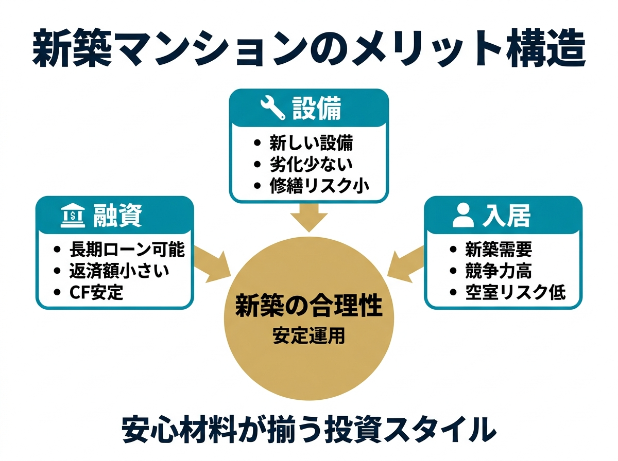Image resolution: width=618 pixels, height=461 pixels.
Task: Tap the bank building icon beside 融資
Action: (72, 217)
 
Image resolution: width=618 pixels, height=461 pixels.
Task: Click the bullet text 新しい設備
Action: (311, 143)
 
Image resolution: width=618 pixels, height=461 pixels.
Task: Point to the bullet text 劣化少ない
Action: (311, 164)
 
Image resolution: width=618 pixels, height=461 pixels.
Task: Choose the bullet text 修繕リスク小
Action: (319, 185)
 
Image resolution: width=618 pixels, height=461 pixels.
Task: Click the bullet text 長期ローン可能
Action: (127, 250)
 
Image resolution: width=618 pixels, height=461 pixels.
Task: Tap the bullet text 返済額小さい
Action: (119, 271)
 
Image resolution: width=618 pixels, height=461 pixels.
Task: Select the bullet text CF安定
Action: (96, 292)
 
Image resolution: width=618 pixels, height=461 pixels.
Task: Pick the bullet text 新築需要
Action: (498, 250)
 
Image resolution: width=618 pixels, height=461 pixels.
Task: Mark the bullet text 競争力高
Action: (498, 271)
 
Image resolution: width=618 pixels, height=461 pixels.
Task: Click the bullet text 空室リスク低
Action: (514, 292)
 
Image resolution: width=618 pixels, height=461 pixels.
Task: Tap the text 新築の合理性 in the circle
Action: (308, 307)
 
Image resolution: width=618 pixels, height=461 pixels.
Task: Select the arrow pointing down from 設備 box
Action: (308, 218)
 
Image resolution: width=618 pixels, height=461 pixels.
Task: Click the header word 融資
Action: (117, 217)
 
